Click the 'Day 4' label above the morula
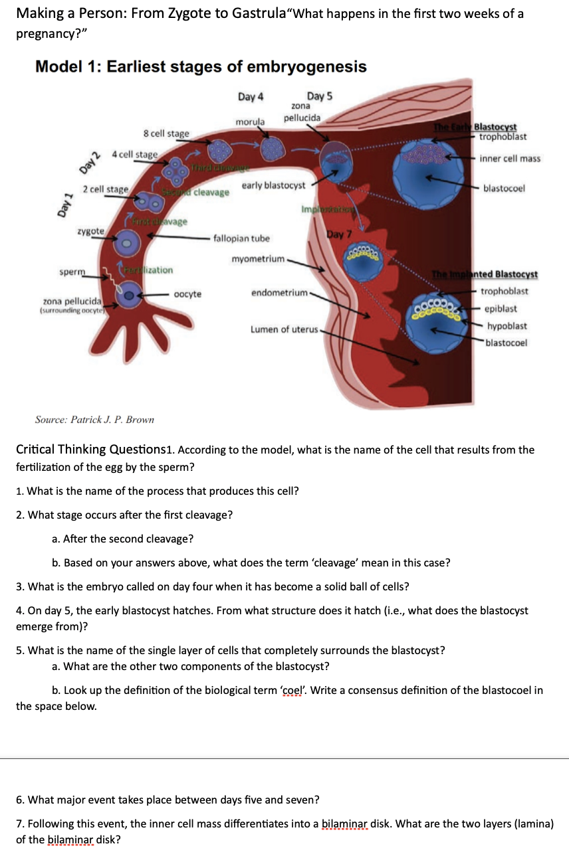(x=251, y=97)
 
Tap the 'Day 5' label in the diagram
(x=320, y=96)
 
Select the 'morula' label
(x=250, y=122)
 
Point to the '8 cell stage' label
(x=166, y=133)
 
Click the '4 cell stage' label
(x=135, y=155)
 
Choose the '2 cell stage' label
(x=106, y=190)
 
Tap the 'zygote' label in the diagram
(x=90, y=230)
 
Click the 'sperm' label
(x=72, y=272)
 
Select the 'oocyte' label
(x=187, y=294)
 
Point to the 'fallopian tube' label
(x=242, y=238)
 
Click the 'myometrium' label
(x=258, y=258)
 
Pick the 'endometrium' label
(x=279, y=292)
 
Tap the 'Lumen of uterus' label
(x=284, y=329)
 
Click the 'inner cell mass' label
(x=510, y=159)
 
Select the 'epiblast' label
(x=501, y=309)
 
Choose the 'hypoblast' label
(x=507, y=326)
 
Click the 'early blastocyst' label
(x=274, y=185)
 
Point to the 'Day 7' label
(x=336, y=234)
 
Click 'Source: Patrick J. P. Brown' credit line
(x=94, y=420)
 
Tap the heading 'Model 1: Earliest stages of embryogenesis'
(x=201, y=67)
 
